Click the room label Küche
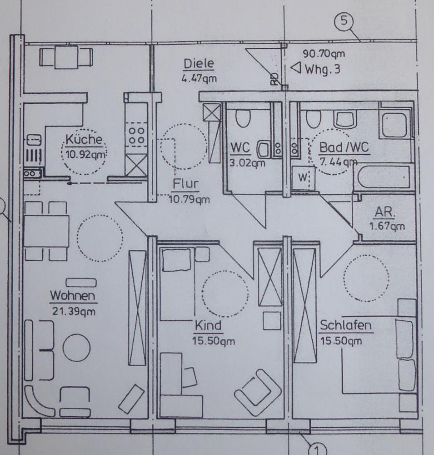pyautogui.click(x=84, y=139)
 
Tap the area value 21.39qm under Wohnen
pyautogui.click(x=74, y=311)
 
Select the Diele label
pyautogui.click(x=199, y=64)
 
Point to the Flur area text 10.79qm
pyautogui.click(x=189, y=200)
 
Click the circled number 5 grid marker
pyautogui.click(x=344, y=21)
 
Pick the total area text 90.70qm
pyautogui.click(x=324, y=54)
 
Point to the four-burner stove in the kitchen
pyautogui.click(x=136, y=136)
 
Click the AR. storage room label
pyautogui.click(x=385, y=212)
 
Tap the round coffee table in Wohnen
pyautogui.click(x=76, y=348)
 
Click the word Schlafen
pyautogui.click(x=345, y=325)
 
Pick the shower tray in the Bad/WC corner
pyautogui.click(x=394, y=126)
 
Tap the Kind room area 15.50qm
pyautogui.click(x=214, y=341)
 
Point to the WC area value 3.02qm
pyautogui.click(x=247, y=163)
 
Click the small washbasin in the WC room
pyautogui.click(x=263, y=149)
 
